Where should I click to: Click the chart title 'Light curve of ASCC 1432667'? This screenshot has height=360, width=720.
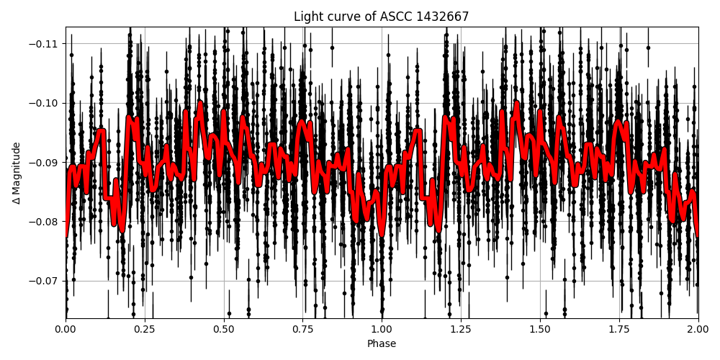click(382, 17)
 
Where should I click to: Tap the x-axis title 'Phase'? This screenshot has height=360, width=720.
click(382, 344)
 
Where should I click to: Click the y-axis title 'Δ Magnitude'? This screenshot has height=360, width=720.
click(16, 173)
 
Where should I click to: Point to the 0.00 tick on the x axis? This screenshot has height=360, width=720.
click(66, 329)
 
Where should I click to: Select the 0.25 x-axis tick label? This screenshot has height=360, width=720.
click(145, 329)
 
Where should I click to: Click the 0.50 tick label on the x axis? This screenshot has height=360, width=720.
click(224, 329)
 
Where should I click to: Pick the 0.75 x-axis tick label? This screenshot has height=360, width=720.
click(302, 329)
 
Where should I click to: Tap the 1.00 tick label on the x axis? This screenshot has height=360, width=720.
click(382, 329)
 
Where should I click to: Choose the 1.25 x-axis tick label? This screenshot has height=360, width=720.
click(461, 329)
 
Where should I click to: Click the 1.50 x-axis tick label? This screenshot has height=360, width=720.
click(540, 329)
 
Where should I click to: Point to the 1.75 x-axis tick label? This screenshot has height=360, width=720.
click(619, 329)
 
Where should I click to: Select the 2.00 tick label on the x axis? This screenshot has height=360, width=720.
click(698, 329)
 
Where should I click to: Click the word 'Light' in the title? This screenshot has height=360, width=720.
click(307, 17)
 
